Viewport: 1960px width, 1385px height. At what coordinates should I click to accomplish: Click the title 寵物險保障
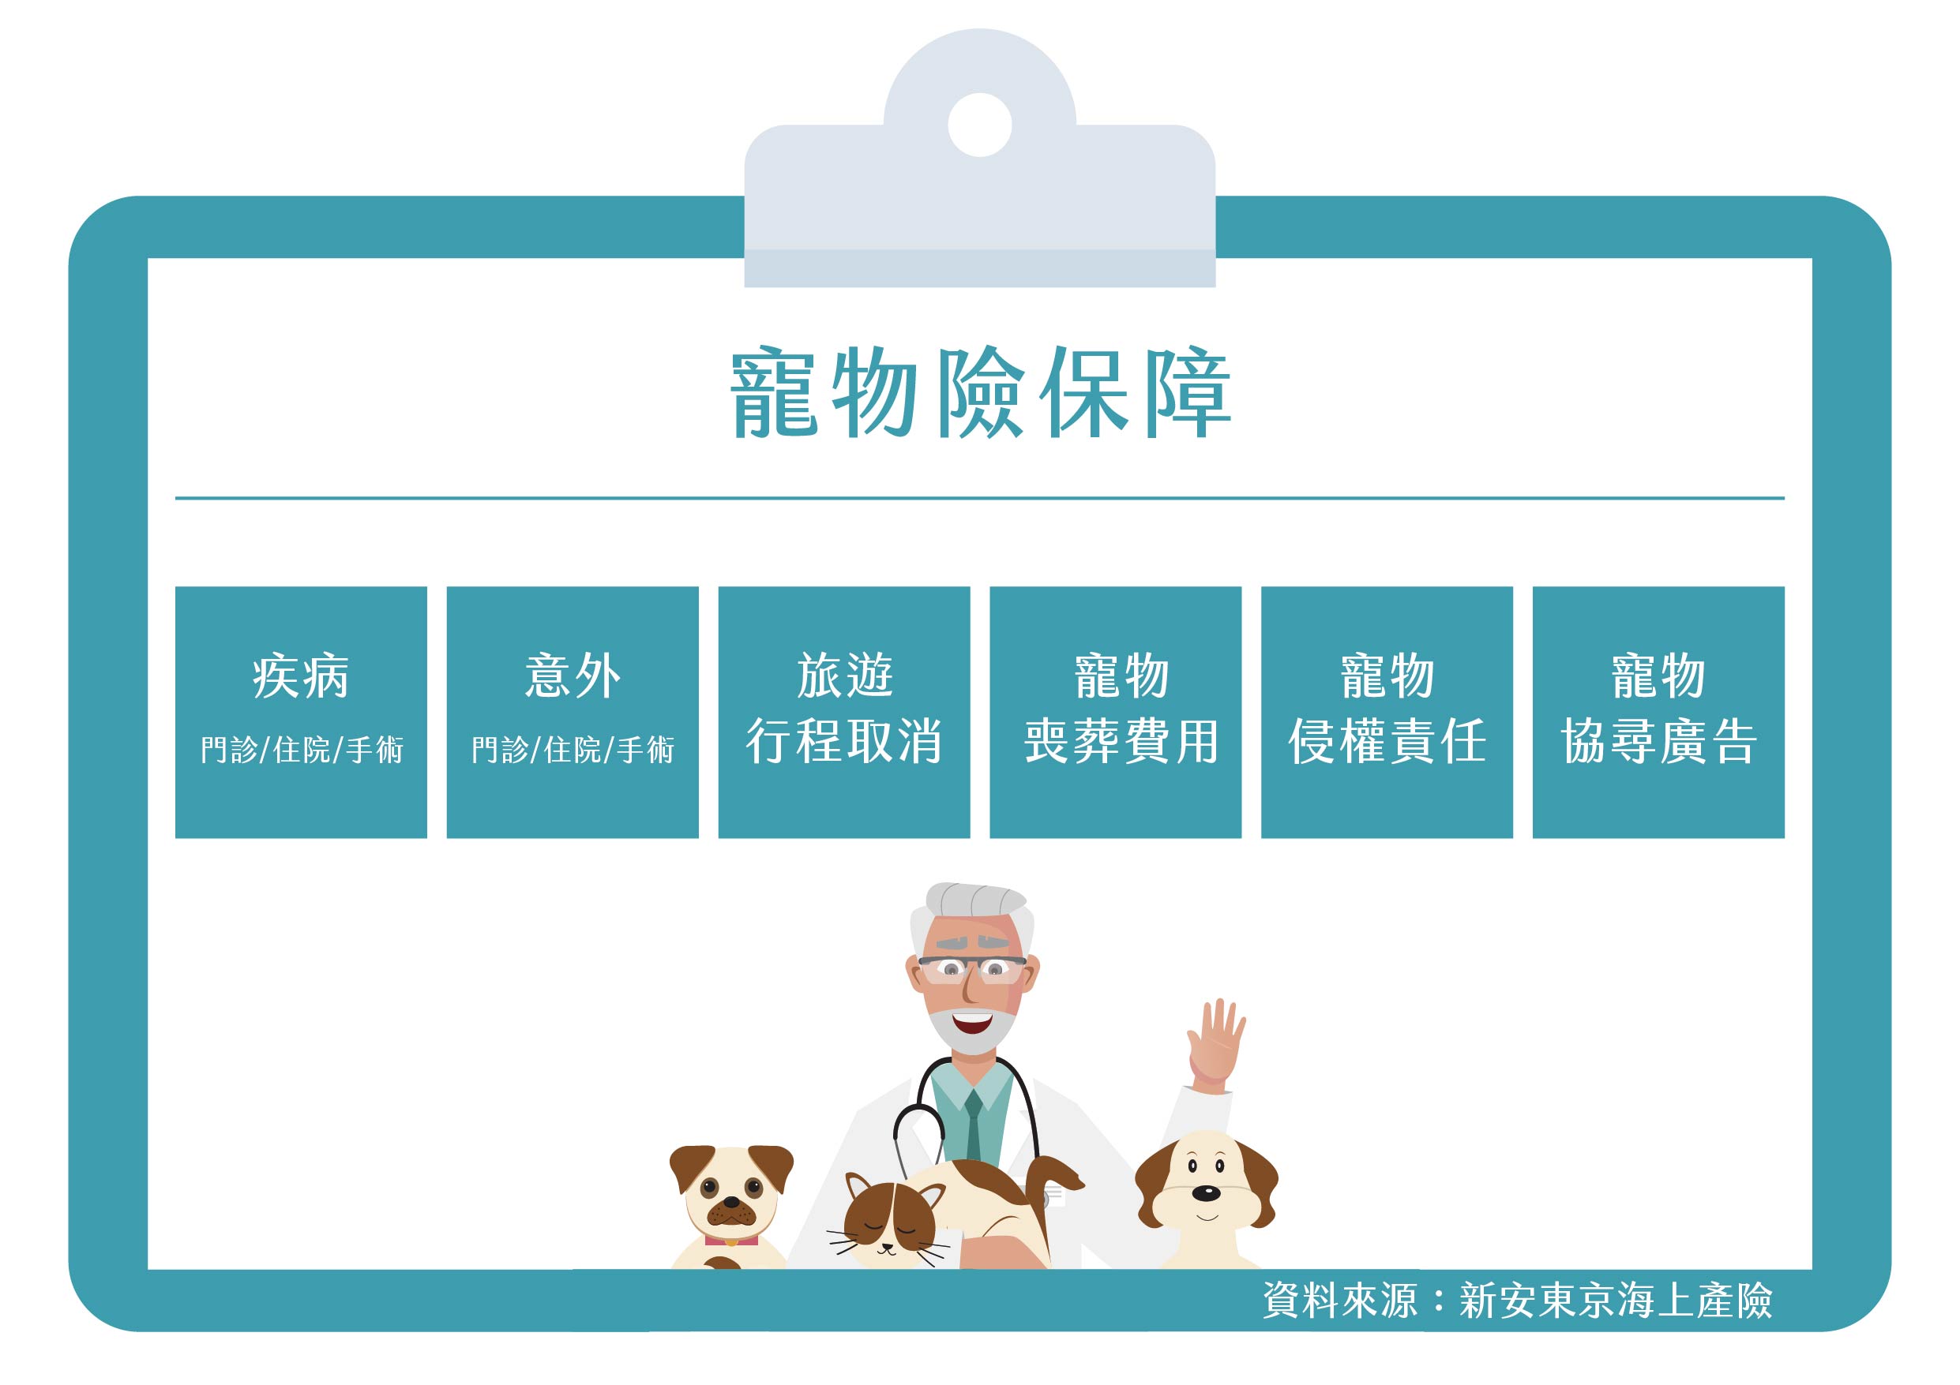click(980, 392)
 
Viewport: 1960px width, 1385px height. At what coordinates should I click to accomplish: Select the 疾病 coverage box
click(301, 712)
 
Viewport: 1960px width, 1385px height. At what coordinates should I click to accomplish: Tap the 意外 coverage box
click(572, 712)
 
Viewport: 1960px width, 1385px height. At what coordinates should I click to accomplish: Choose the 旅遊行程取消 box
click(843, 712)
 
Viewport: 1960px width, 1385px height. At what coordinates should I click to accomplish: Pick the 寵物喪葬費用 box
click(1115, 712)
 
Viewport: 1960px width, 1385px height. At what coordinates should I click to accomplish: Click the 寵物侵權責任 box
click(1387, 712)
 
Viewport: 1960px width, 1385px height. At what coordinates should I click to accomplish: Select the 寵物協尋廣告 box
click(1658, 712)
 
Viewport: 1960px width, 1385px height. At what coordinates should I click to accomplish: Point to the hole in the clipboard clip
click(980, 125)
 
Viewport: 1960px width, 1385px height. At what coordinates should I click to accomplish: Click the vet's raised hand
click(1215, 1046)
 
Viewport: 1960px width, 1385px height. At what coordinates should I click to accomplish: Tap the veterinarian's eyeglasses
click(972, 968)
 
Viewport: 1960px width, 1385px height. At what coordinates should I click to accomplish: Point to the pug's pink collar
click(730, 1239)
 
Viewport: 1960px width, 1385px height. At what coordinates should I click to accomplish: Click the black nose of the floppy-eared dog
click(1205, 1193)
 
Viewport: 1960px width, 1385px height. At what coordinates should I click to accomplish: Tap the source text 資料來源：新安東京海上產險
click(1517, 1301)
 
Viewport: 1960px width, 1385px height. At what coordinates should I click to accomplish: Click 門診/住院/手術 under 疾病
click(302, 750)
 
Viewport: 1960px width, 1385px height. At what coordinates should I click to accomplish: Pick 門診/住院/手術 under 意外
click(573, 750)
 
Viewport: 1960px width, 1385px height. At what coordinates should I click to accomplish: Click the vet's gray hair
click(974, 901)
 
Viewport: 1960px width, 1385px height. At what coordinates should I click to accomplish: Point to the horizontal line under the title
click(980, 497)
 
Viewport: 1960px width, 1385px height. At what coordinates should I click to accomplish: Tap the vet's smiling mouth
click(972, 1020)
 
